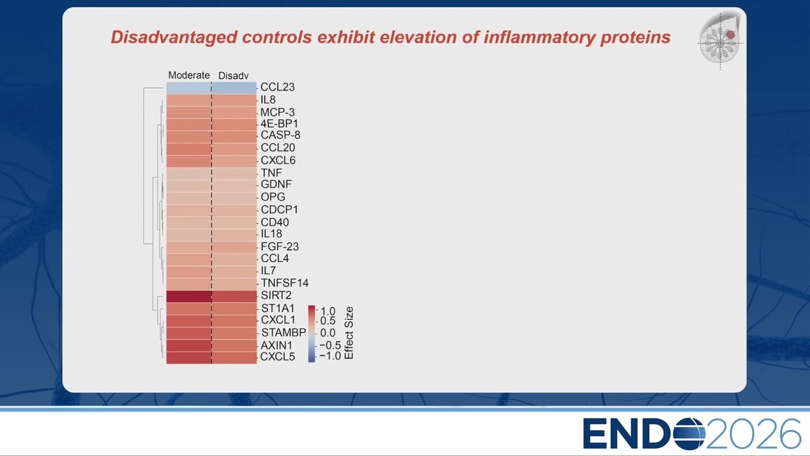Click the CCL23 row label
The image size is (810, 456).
(277, 87)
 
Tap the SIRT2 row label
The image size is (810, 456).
(276, 295)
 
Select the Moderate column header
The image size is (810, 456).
(189, 75)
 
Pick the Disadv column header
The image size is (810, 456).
(234, 75)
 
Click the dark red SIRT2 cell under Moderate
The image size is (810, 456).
(189, 296)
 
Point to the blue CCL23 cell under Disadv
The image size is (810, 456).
(234, 87)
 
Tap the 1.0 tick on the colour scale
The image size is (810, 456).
(328, 311)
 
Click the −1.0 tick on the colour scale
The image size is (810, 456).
(330, 356)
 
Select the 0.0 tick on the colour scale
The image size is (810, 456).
(328, 332)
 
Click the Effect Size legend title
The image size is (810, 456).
(349, 333)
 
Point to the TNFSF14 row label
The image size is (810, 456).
(285, 283)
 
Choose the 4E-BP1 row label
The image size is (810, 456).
(279, 123)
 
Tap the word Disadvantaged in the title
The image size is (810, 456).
(174, 37)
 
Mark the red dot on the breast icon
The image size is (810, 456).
(731, 34)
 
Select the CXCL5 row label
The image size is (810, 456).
(277, 357)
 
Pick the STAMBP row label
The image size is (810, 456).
(283, 332)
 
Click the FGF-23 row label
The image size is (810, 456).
(280, 246)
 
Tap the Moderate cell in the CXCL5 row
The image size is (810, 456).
(189, 358)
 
